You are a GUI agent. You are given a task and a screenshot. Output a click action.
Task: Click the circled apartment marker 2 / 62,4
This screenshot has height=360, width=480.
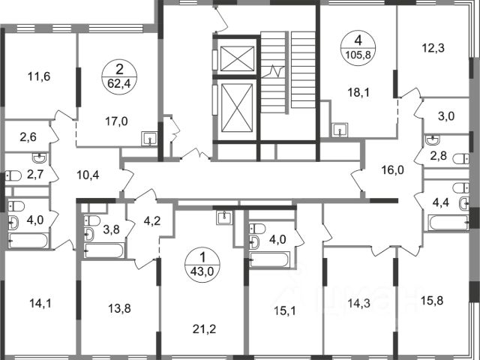pyautogui.click(x=119, y=76)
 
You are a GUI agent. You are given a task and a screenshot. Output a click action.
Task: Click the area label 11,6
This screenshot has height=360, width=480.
pyautogui.click(x=39, y=76)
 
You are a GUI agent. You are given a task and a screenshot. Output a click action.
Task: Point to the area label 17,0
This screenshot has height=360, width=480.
pyautogui.click(x=116, y=121)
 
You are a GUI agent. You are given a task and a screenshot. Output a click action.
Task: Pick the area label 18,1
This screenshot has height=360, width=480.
pyautogui.click(x=358, y=92)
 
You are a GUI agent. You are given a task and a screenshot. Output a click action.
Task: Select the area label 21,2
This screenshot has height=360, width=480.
pyautogui.click(x=205, y=329)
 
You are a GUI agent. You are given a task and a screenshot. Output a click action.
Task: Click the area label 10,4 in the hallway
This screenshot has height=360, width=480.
pyautogui.click(x=88, y=175)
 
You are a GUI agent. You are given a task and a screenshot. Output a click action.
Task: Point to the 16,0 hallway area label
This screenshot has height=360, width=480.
pyautogui.click(x=393, y=170)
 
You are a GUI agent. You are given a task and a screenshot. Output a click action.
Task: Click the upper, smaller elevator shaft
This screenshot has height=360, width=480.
pyautogui.click(x=237, y=58)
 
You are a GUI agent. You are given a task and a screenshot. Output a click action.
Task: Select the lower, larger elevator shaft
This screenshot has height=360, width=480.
pyautogui.click(x=237, y=108)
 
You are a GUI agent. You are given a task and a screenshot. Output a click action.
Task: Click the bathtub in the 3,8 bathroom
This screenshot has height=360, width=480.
pyautogui.click(x=104, y=250)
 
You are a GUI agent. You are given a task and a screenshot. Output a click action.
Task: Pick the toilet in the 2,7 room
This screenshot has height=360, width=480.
pyautogui.click(x=13, y=175)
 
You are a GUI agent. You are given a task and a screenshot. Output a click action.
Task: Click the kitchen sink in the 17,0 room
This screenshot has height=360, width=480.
pyautogui.click(x=149, y=139)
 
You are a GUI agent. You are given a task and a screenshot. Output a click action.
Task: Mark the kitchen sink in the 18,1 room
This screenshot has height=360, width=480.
pyautogui.click(x=340, y=130)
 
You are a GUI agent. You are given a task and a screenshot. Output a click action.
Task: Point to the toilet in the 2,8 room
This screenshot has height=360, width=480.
pyautogui.click(x=460, y=159)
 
